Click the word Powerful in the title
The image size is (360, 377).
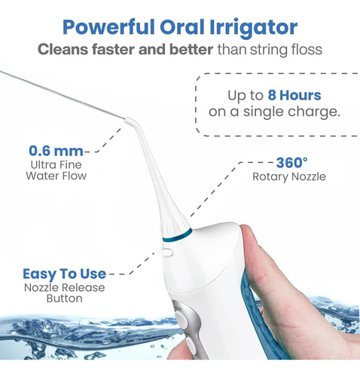[108, 27]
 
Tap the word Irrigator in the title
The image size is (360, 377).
[253, 28]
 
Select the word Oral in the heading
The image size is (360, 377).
[182, 27]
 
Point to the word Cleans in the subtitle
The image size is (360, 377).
[63, 49]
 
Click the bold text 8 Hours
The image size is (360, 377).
[294, 95]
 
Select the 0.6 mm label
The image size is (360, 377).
[56, 151]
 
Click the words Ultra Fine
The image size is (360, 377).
[56, 165]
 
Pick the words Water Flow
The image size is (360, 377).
[56, 176]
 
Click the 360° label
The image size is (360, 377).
[291, 163]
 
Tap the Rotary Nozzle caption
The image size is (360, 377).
[289, 176]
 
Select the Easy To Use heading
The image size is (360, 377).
[64, 274]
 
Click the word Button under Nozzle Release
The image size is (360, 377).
[65, 299]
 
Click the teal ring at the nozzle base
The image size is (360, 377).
[177, 235]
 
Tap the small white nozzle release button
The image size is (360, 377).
[166, 252]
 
